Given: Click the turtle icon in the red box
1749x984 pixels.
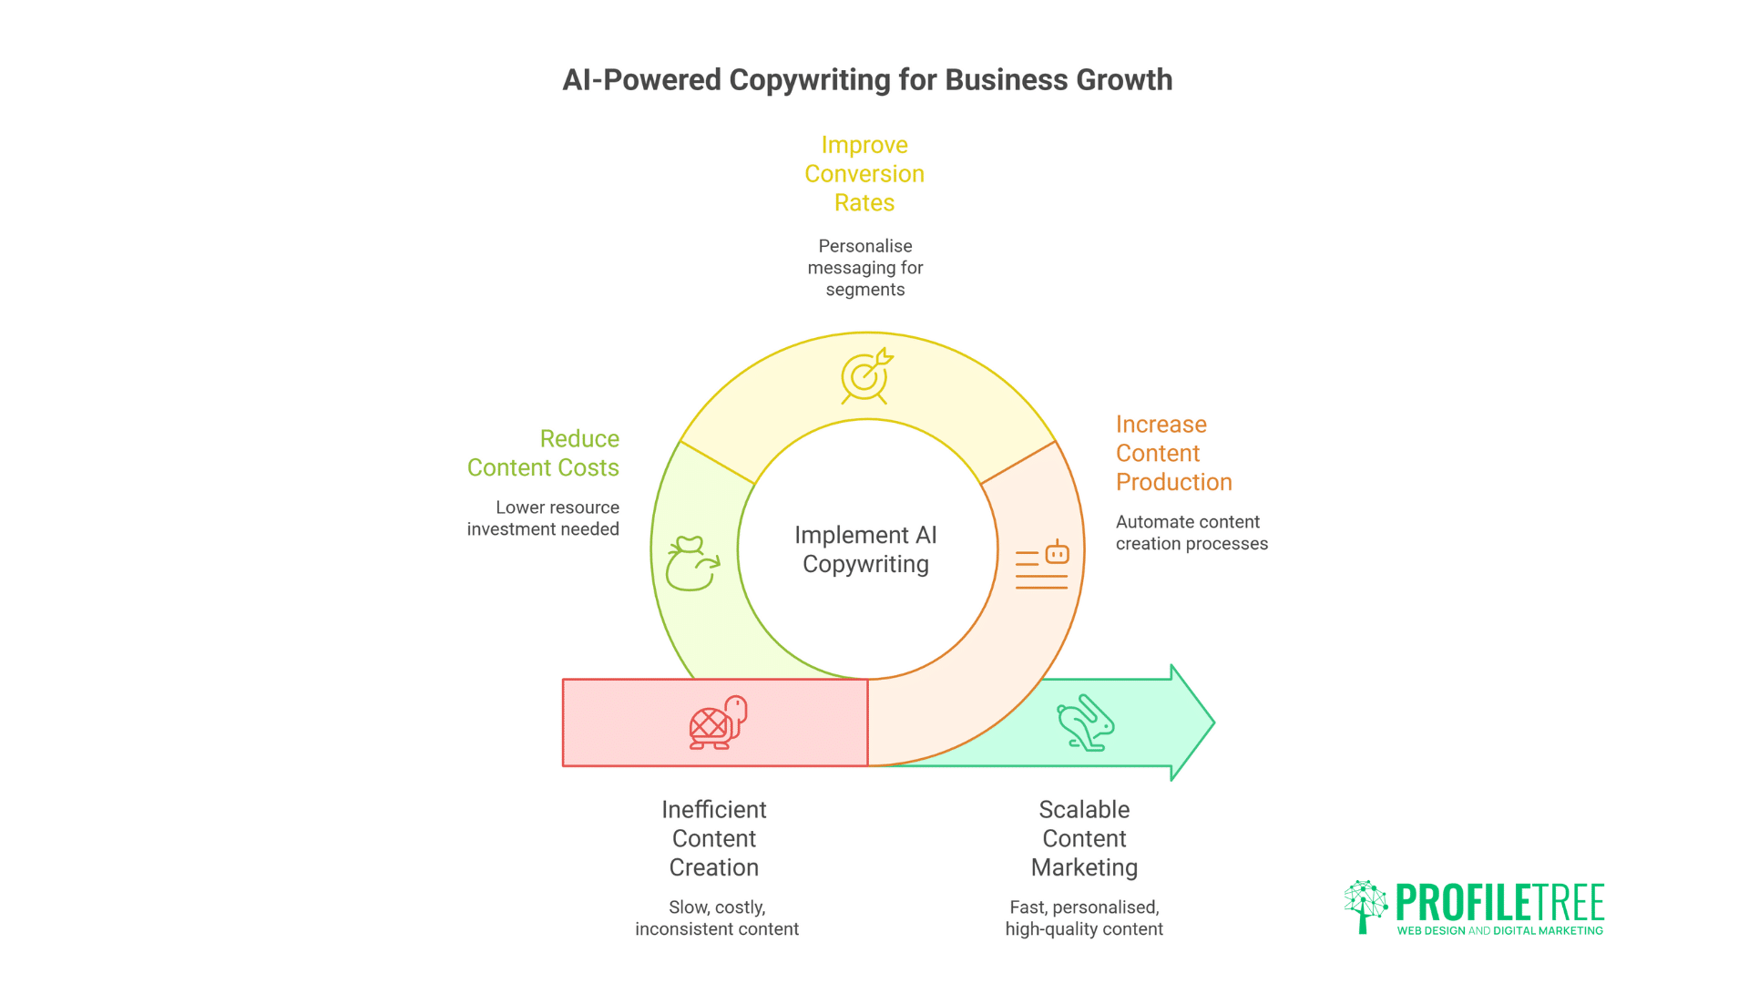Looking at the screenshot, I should click(718, 723).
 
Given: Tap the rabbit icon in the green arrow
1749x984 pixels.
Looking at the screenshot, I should click(1086, 723).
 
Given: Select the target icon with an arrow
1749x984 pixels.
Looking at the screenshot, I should click(865, 375).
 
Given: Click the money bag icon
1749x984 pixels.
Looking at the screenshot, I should click(691, 564).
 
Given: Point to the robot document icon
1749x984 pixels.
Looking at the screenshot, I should click(1042, 565).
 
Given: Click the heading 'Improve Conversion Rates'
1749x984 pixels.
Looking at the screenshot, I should click(864, 174).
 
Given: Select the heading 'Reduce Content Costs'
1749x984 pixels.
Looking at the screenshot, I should click(543, 453).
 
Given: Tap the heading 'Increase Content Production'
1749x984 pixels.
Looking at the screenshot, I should click(1173, 453).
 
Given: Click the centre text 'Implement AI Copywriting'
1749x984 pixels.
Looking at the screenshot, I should click(865, 549).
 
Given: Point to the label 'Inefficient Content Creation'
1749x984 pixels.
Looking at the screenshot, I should click(714, 838).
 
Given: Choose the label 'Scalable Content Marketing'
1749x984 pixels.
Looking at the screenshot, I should click(1084, 838).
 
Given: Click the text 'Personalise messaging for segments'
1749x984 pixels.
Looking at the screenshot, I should click(865, 268).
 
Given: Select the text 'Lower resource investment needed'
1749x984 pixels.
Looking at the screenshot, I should click(543, 518).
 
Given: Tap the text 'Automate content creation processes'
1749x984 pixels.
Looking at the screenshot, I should click(1192, 533).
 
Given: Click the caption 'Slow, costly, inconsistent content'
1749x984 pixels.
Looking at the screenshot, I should click(717, 918).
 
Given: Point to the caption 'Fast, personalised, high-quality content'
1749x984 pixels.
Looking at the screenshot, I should click(1084, 918).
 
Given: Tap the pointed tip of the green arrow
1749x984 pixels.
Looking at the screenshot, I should click(1212, 723).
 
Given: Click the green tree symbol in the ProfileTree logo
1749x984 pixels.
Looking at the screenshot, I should click(1365, 906).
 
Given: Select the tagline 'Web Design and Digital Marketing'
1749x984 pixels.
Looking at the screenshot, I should click(1499, 931).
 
